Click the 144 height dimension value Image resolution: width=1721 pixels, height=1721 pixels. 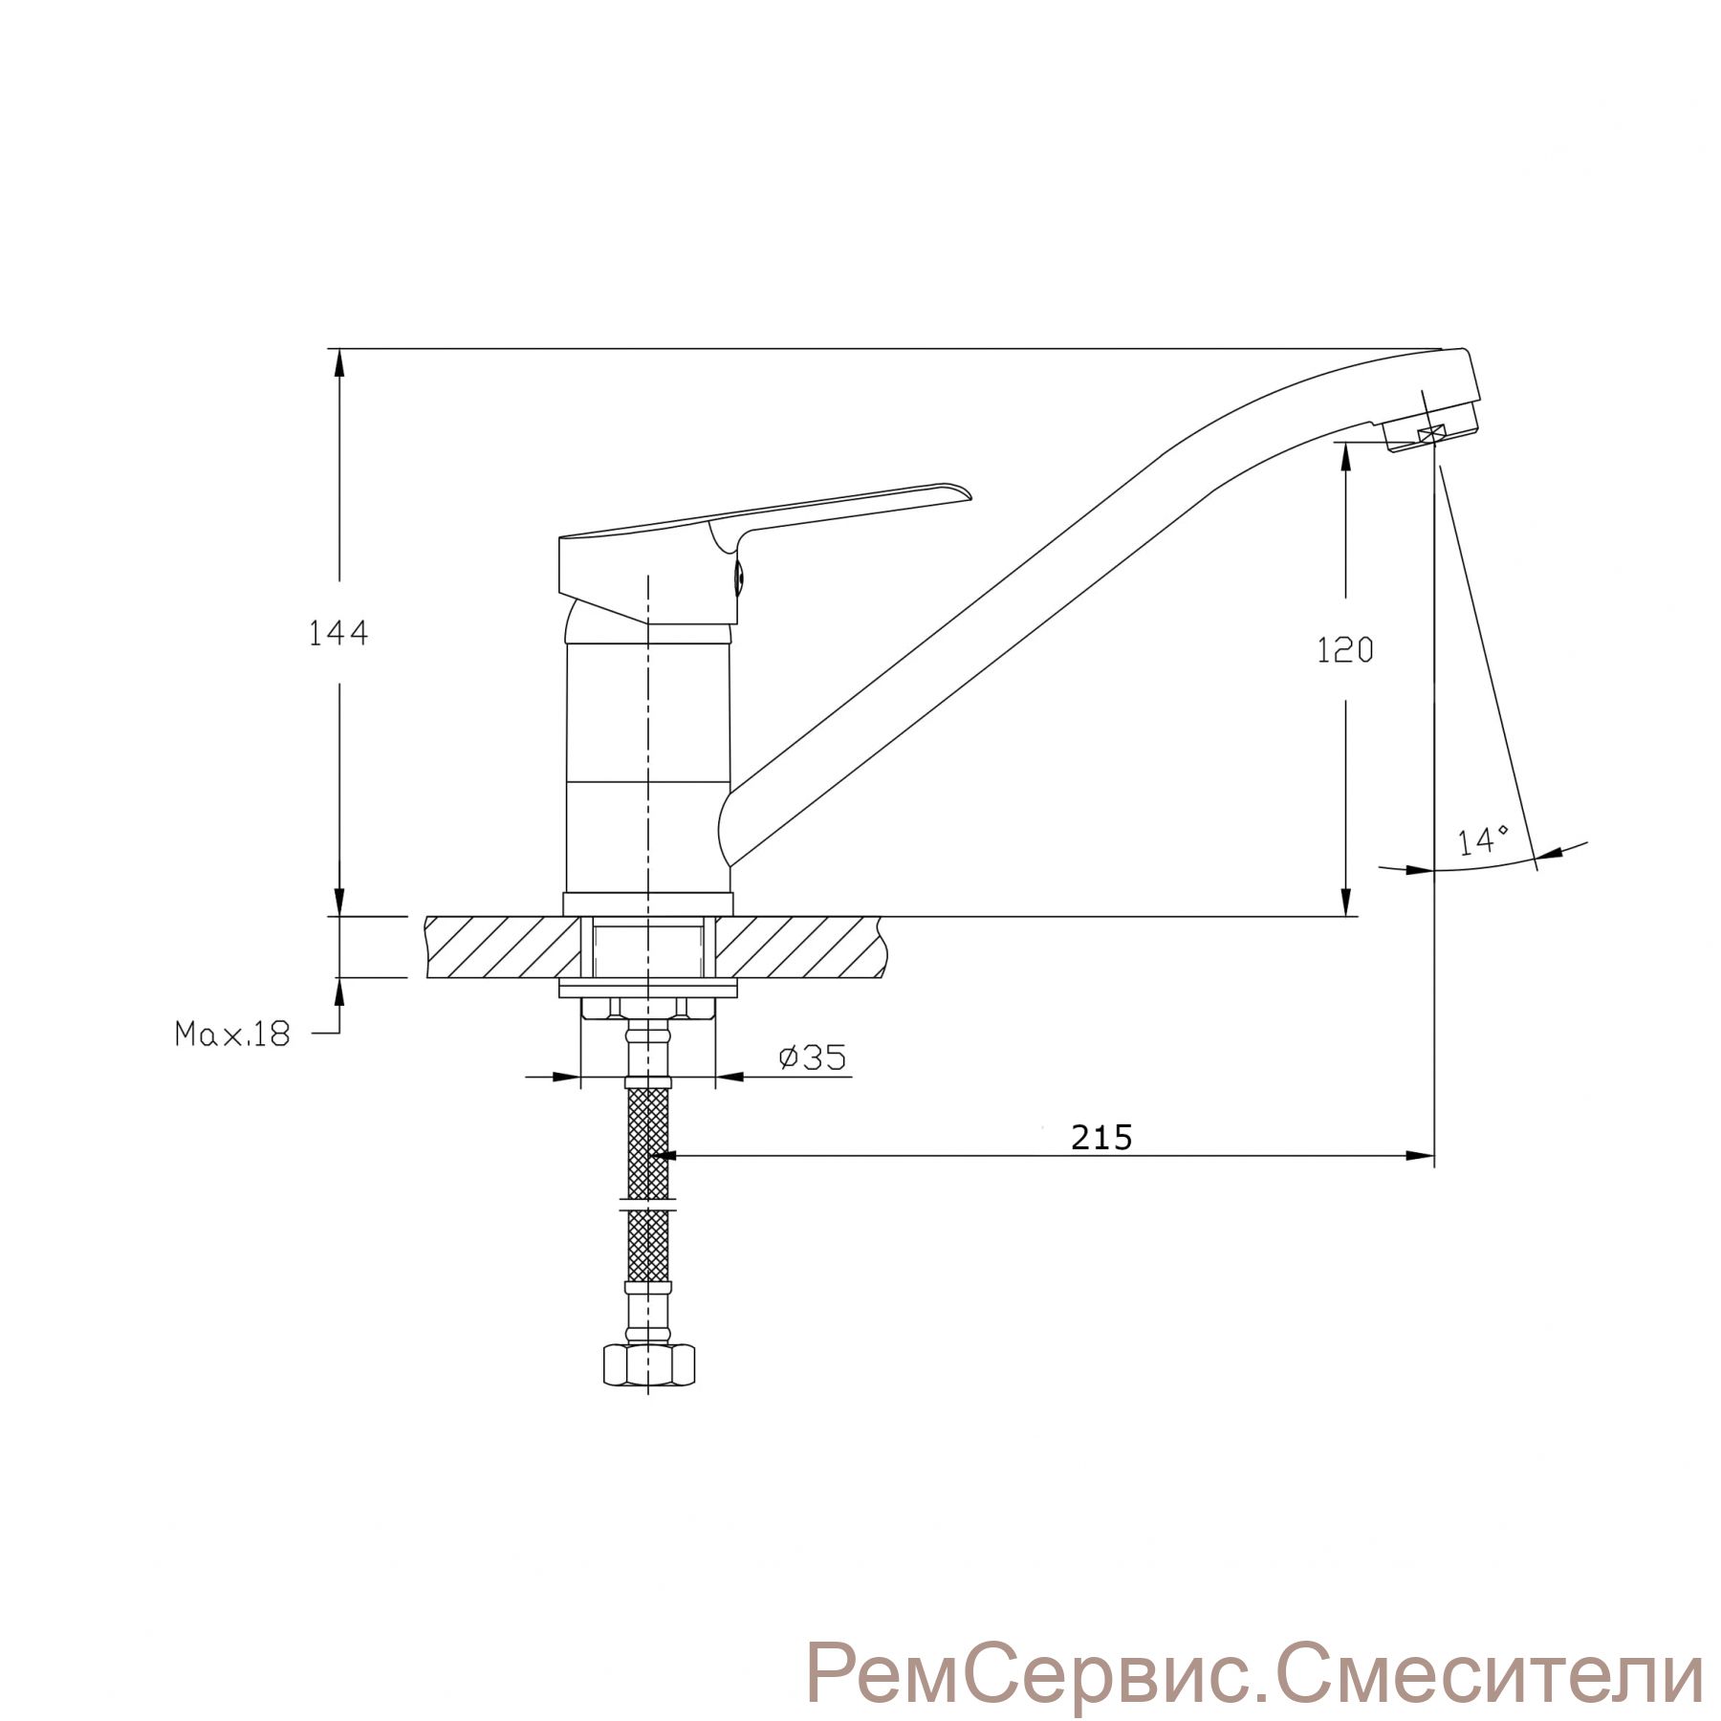click(338, 633)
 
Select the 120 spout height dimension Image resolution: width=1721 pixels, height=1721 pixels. click(1345, 650)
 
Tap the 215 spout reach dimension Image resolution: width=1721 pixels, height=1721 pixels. click(1101, 1137)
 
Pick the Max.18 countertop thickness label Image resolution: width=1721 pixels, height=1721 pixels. click(232, 1034)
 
